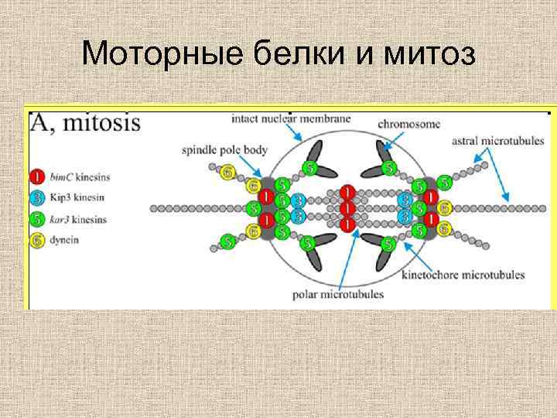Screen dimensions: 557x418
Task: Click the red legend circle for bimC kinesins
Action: click(38, 176)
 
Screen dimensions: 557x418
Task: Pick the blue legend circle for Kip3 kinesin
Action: click(38, 197)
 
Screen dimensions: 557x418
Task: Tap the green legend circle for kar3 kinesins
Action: click(38, 219)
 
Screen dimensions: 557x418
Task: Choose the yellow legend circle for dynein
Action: click(38, 240)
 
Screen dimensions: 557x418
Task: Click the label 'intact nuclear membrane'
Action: click(291, 119)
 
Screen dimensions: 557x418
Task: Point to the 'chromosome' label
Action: click(409, 123)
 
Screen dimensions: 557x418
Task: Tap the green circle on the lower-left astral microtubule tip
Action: click(227, 242)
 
